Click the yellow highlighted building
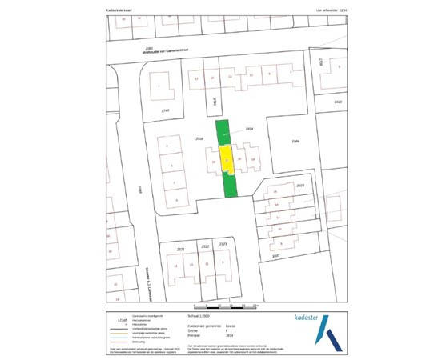pos(227,159)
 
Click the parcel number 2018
pos(200,138)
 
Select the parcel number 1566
pos(295,141)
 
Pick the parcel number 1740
pos(166,110)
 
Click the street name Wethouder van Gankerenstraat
pos(163,51)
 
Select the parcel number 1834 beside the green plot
pos(249,128)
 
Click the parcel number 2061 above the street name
pos(149,47)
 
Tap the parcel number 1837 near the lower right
pos(277,255)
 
